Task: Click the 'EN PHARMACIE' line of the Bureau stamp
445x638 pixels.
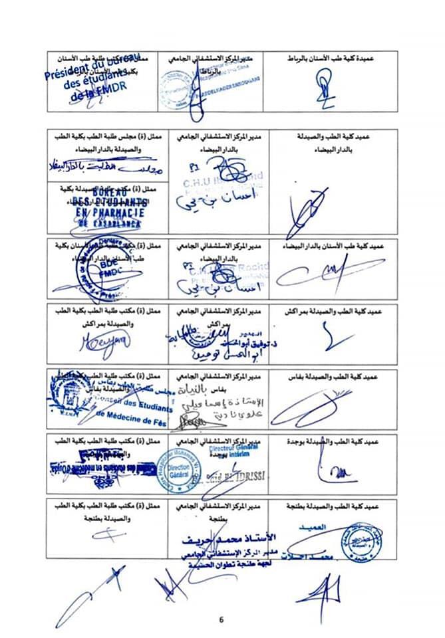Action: (109, 213)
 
